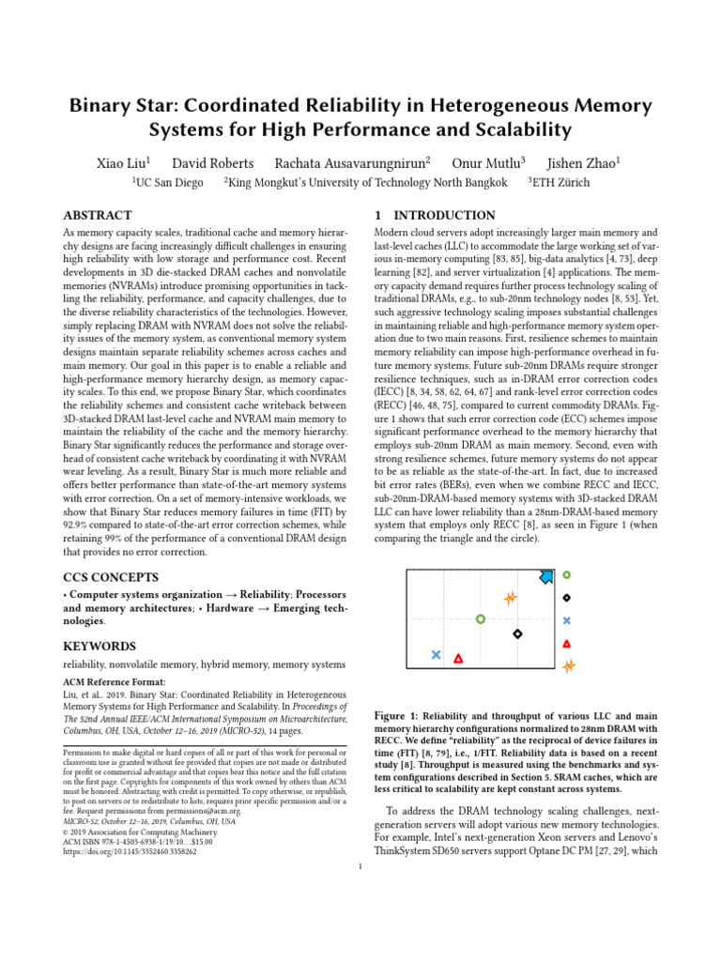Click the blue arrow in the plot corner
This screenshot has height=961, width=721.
[x=546, y=576]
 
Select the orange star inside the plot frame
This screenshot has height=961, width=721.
[x=510, y=597]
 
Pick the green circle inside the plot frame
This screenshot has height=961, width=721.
[x=481, y=619]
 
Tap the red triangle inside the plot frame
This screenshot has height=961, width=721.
[x=458, y=659]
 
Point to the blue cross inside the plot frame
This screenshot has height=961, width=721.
[x=436, y=655]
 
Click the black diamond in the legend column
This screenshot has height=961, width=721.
[x=567, y=598]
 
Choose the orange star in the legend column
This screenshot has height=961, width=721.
[x=568, y=666]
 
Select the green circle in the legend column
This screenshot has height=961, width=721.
[x=567, y=574]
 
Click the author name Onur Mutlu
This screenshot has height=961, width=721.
[x=488, y=162]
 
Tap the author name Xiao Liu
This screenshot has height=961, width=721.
[x=123, y=162]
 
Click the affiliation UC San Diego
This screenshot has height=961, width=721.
[x=169, y=183]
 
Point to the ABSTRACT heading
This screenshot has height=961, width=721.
[x=98, y=215]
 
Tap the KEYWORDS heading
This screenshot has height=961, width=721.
[x=100, y=646]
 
